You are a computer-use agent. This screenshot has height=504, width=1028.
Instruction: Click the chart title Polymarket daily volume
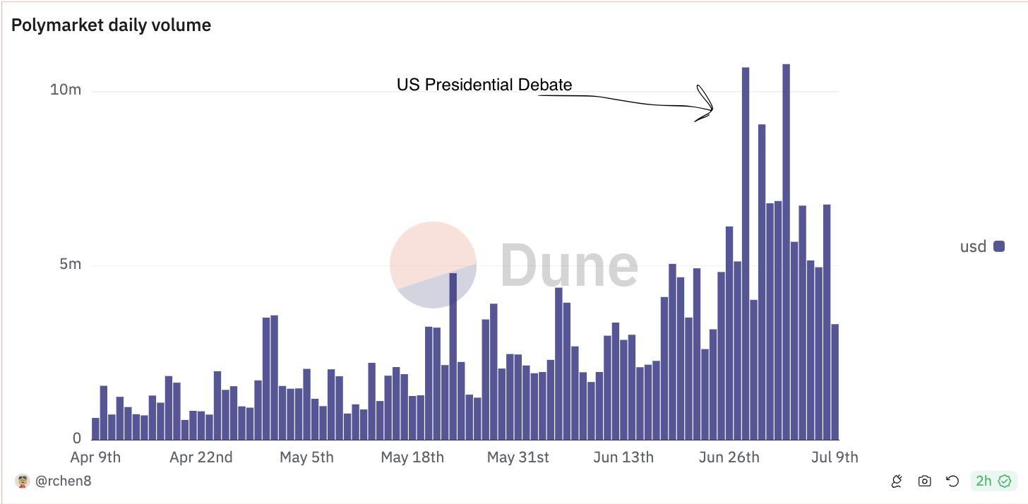111,25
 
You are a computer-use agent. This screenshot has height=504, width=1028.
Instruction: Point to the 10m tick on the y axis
66,90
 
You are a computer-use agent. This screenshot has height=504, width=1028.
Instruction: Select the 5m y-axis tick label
70,265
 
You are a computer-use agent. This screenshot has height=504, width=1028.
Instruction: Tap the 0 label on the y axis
78,438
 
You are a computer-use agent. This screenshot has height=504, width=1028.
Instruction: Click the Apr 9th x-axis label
95,457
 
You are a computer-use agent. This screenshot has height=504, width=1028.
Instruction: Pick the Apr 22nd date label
201,457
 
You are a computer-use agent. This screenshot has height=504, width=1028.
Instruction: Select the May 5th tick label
306,457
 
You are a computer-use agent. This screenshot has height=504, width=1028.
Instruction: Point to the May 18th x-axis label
412,457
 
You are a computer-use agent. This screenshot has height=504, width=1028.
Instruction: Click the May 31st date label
518,457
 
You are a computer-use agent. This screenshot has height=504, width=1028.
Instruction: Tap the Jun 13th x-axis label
623,457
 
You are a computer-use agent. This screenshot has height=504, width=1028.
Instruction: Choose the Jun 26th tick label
729,457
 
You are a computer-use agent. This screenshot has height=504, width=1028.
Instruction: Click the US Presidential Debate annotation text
484,85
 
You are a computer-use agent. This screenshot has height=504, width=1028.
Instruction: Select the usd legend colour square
999,246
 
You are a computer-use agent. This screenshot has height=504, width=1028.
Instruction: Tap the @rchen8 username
63,481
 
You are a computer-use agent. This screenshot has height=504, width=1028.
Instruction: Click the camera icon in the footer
924,481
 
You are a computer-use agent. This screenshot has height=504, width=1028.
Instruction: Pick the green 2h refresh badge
993,481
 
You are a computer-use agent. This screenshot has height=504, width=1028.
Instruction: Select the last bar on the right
835,382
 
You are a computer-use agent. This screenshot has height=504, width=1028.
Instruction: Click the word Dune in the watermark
569,265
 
